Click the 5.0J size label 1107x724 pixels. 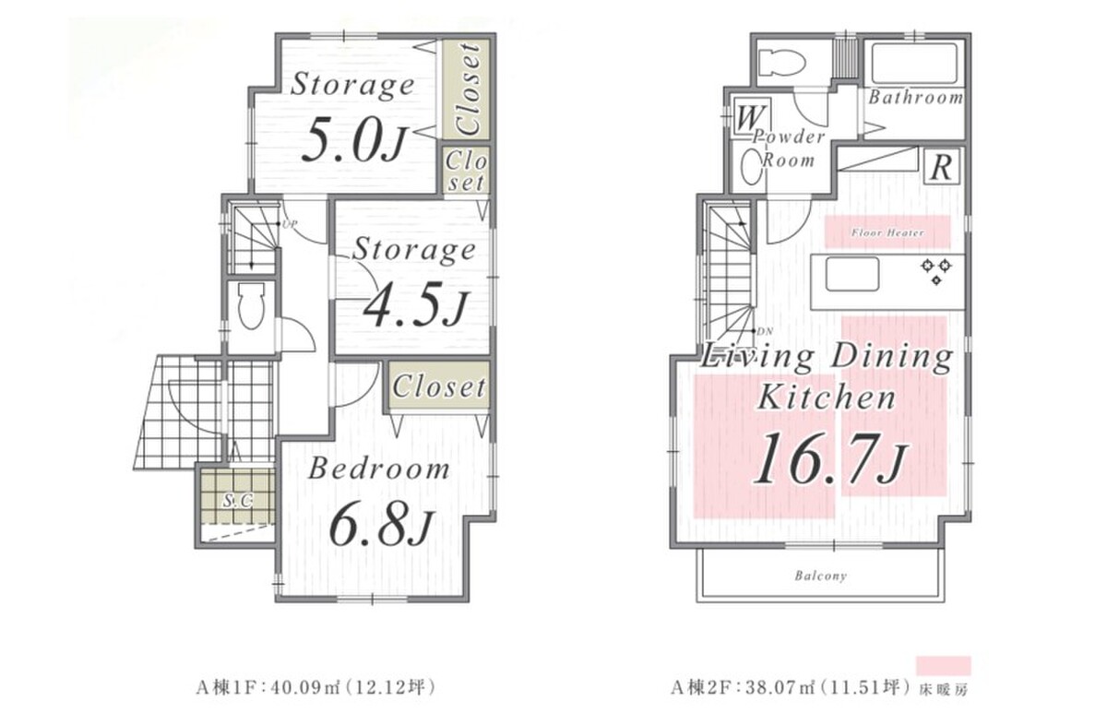pyautogui.click(x=353, y=142)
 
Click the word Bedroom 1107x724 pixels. pyautogui.click(x=379, y=469)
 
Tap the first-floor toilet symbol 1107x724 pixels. pyautogui.click(x=251, y=305)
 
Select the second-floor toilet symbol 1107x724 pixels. pyautogui.click(x=780, y=63)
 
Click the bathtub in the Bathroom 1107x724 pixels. pyautogui.click(x=914, y=64)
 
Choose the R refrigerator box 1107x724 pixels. pyautogui.click(x=941, y=168)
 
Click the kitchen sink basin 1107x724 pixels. pyautogui.click(x=852, y=274)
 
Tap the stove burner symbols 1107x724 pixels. pyautogui.click(x=936, y=271)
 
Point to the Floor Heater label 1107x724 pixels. pyautogui.click(x=887, y=232)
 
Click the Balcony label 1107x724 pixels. pyautogui.click(x=821, y=576)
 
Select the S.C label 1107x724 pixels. pyautogui.click(x=238, y=501)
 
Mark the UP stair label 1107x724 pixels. pyautogui.click(x=289, y=223)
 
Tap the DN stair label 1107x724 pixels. pyautogui.click(x=765, y=332)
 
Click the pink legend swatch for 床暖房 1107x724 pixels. pyautogui.click(x=943, y=666)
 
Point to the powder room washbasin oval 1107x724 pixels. pyautogui.click(x=751, y=167)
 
